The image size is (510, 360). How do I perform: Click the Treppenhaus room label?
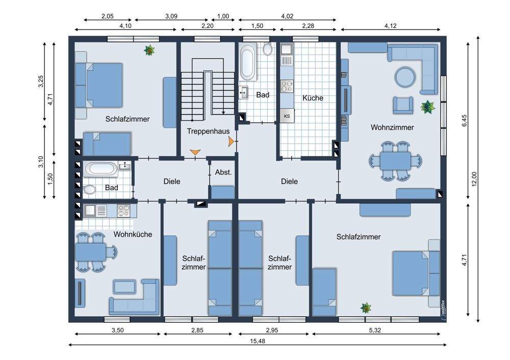208,132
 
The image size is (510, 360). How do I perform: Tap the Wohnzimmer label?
392,127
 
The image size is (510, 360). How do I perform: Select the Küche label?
313,98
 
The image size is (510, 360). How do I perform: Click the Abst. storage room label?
223,172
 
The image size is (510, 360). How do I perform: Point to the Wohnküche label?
133,235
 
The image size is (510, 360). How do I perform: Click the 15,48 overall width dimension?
257,341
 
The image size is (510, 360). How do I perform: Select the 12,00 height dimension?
474,179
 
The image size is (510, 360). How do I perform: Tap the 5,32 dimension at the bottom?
375,330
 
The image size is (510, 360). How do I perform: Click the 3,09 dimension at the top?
171,16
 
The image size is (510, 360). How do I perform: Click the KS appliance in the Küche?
287,116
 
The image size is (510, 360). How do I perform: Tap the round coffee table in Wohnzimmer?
405,77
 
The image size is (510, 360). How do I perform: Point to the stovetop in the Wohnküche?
123,211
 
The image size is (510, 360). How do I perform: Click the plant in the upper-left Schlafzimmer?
149,50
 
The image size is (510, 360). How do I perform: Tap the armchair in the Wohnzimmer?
403,105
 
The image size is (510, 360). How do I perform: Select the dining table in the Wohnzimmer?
396,161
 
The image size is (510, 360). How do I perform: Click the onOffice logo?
443,307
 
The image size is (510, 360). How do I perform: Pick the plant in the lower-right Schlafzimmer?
366,307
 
